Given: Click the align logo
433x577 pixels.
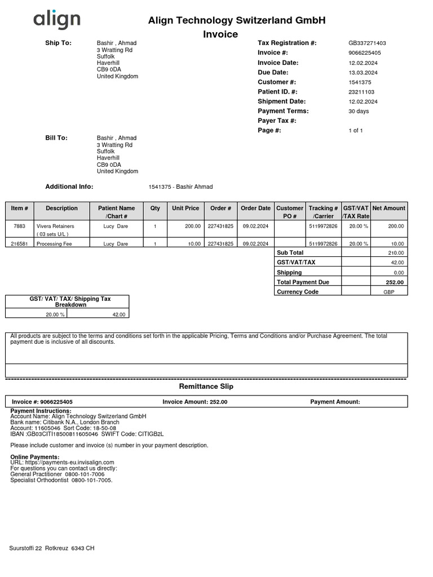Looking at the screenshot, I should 56,21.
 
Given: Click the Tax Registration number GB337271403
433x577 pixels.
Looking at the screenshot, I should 367,43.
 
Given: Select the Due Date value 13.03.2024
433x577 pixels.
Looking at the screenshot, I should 363,73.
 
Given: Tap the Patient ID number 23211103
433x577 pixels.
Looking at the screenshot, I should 361,92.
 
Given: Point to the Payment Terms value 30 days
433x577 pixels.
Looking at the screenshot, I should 359,111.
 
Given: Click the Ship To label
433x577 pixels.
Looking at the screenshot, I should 58,43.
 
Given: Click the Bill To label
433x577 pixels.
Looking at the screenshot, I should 56,137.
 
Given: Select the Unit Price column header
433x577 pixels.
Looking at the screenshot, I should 185,208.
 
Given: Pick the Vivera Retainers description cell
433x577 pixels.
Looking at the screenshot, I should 55,226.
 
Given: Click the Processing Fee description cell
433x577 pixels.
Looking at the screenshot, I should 55,244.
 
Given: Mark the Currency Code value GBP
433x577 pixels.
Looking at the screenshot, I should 389,292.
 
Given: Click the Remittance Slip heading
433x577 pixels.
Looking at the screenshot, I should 206,387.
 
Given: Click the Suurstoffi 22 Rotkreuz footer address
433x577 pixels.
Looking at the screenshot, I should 52,548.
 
